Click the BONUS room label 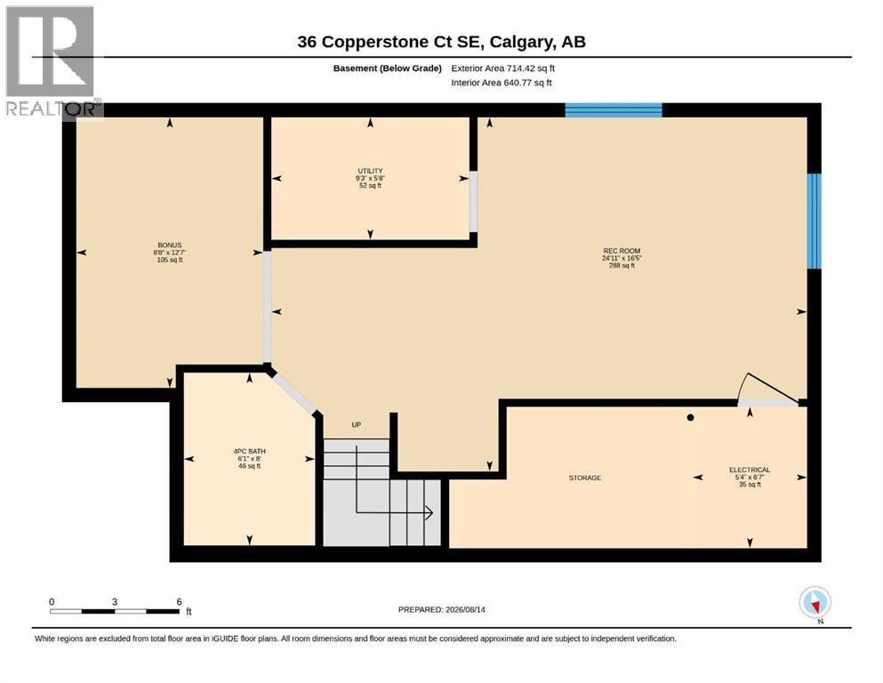tap(170, 245)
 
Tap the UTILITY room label tap(370, 171)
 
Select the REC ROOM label tap(622, 251)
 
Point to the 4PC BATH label tap(250, 452)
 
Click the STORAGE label tap(584, 478)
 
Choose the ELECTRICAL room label tap(750, 470)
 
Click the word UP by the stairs tap(357, 425)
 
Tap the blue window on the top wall tap(614, 109)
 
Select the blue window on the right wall tap(815, 221)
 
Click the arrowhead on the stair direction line tap(429, 513)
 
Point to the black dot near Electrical tap(690, 418)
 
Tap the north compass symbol tap(815, 603)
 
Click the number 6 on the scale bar tap(179, 602)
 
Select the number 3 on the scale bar tap(115, 602)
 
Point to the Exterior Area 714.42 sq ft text tap(503, 68)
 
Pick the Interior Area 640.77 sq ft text tap(502, 83)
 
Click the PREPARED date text tap(441, 610)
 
